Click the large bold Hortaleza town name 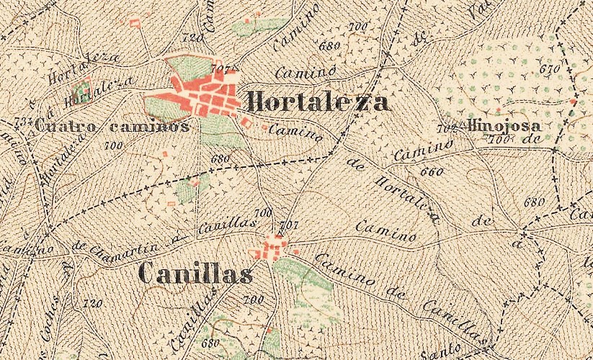[318, 102]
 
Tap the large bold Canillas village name [195, 274]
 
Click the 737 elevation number [23, 120]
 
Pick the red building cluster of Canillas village [272, 249]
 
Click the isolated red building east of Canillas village [296, 251]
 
